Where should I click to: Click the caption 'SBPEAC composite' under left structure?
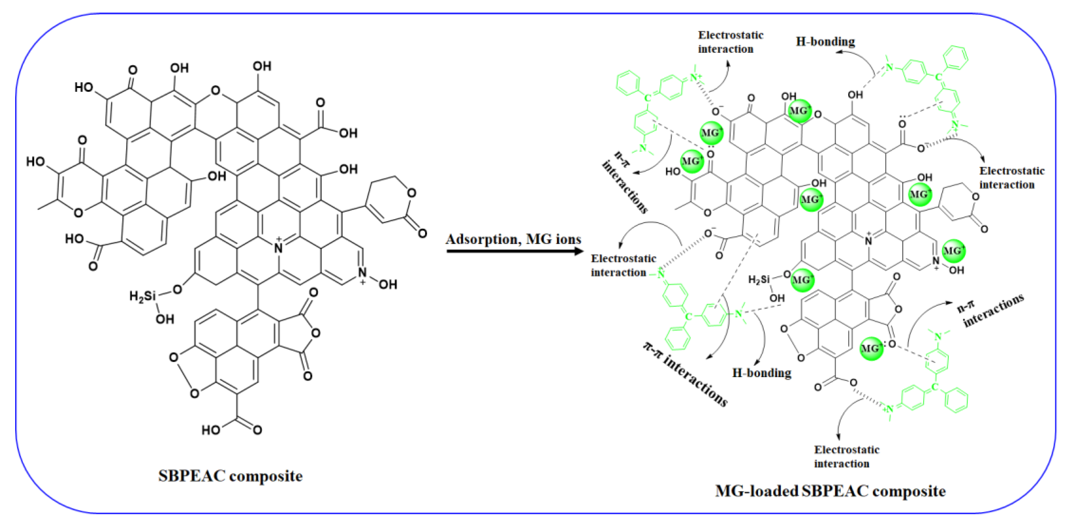pos(230,476)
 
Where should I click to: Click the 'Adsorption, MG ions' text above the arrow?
pos(513,239)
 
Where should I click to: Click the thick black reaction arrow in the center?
pos(514,251)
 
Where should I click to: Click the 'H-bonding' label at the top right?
pos(825,41)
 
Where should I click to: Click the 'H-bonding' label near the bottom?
pos(762,373)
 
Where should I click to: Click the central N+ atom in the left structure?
pos(279,247)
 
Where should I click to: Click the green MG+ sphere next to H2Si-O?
pos(802,280)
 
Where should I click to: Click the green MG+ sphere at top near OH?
pos(799,111)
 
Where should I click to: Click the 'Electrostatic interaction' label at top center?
pos(730,42)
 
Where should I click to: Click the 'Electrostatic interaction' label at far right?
pos(1011,177)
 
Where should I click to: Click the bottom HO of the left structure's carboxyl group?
pos(210,430)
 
